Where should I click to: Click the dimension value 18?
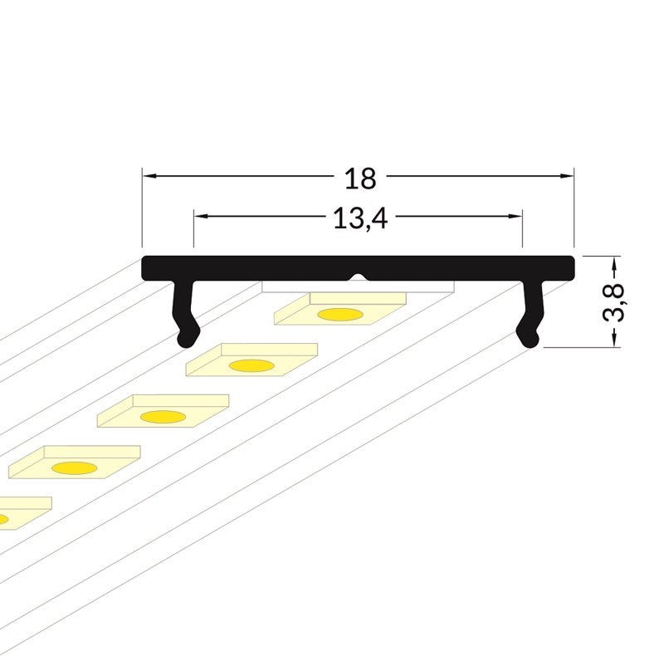[360, 179]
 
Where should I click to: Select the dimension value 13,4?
[360, 219]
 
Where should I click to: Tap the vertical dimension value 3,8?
[613, 301]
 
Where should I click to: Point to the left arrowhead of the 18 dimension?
[149, 175]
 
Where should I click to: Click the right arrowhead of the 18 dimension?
[567, 175]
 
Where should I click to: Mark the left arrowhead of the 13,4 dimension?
[201, 216]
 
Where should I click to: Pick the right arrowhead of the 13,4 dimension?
[515, 216]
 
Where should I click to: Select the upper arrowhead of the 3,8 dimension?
[613, 263]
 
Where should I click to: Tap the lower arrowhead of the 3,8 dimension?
[613, 340]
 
